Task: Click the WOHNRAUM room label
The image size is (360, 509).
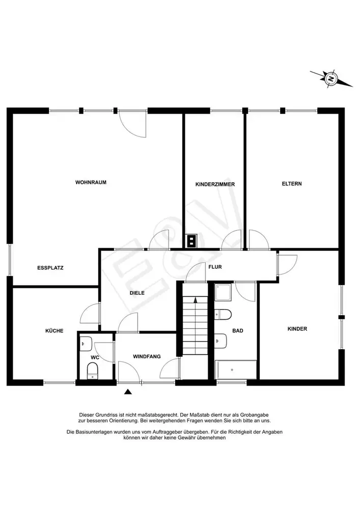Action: [x=91, y=182]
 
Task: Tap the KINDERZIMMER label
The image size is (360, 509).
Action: [x=215, y=184]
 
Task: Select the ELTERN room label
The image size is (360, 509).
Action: [x=292, y=184]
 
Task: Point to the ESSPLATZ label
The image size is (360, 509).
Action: [x=50, y=268]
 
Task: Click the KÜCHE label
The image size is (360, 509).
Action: [x=54, y=331]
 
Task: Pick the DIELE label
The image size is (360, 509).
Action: [x=137, y=293]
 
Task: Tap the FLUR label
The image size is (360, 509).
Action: [x=215, y=267]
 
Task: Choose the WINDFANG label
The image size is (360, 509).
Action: [x=147, y=356]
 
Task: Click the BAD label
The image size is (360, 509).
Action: [x=238, y=331]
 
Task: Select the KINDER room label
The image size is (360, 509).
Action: [x=297, y=329]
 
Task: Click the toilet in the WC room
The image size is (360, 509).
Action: [x=93, y=371]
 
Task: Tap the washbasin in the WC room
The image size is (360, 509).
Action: [x=86, y=344]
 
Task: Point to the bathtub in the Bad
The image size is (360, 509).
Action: [x=236, y=370]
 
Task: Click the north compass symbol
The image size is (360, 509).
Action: [x=331, y=78]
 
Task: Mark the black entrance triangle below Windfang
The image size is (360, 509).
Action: [x=128, y=392]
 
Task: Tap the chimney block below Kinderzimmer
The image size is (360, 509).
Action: [x=191, y=241]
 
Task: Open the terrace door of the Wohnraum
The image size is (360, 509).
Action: [x=132, y=123]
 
